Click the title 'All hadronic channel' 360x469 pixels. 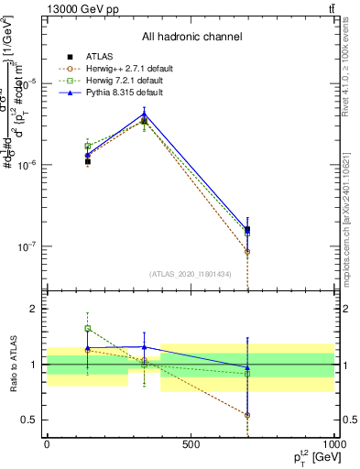point(191,37)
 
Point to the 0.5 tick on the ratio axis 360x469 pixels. point(33,420)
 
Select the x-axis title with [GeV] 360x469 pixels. point(311,456)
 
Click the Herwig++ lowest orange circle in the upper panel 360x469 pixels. point(247,251)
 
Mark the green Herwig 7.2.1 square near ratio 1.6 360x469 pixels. point(88,328)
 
